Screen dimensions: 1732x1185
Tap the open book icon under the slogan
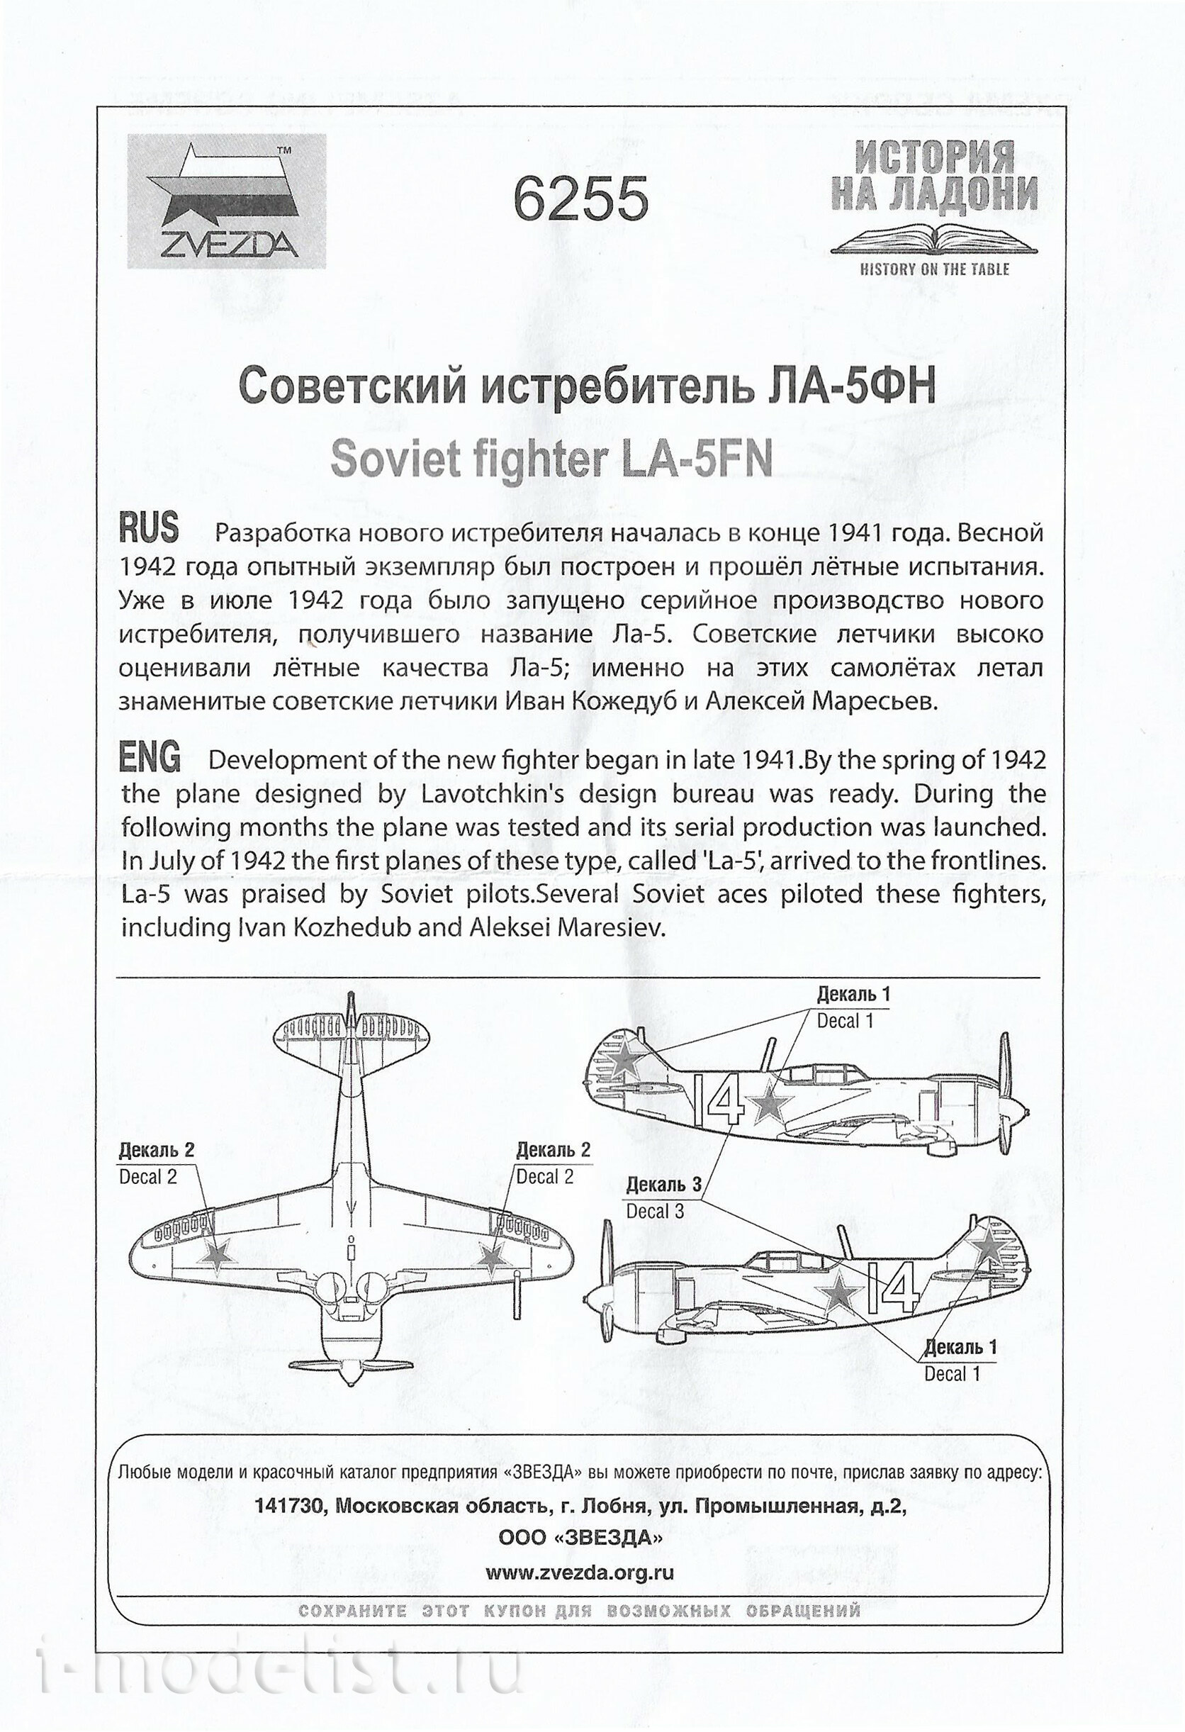tap(934, 238)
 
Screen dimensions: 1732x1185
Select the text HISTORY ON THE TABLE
tap(934, 269)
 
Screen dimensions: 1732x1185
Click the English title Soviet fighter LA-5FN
tap(551, 459)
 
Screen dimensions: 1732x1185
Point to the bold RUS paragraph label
tap(149, 528)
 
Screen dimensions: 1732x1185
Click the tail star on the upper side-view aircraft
tap(624, 1058)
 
